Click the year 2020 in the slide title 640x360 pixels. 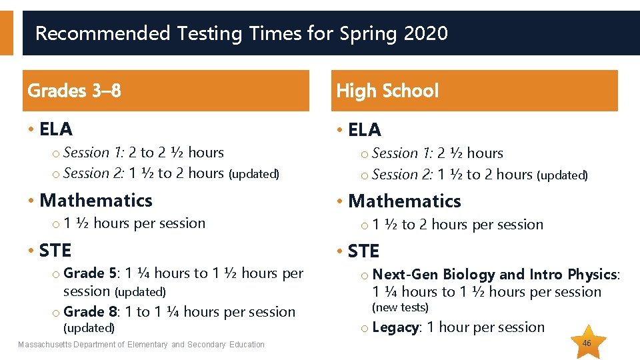425,33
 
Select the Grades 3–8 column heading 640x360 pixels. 74,91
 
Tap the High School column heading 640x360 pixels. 387,91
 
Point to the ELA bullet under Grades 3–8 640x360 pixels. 56,129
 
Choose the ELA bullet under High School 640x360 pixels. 365,130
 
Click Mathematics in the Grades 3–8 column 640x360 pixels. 96,200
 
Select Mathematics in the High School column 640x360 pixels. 405,201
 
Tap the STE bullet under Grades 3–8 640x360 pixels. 55,250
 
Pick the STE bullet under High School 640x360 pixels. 364,251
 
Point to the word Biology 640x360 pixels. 469,275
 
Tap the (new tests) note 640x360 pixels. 400,307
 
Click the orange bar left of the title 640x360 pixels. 6,32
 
